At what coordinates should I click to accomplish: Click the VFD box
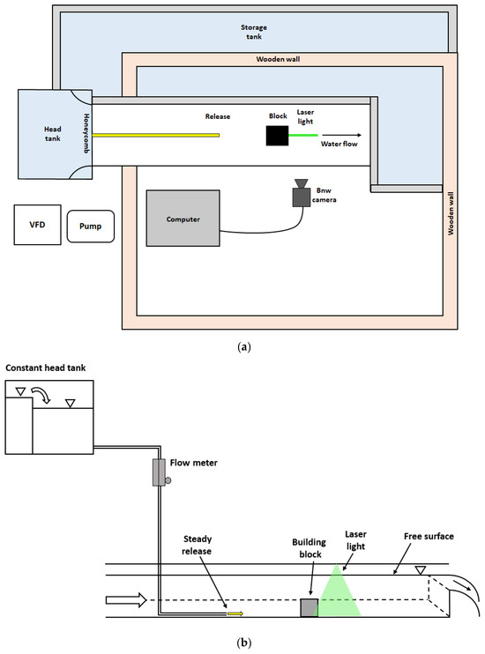pyautogui.click(x=38, y=225)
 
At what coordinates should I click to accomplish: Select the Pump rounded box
pyautogui.click(x=91, y=227)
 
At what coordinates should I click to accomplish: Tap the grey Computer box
pyautogui.click(x=183, y=218)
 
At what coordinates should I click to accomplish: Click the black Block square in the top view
pyautogui.click(x=277, y=136)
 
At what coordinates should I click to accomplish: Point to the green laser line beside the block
pyautogui.click(x=303, y=135)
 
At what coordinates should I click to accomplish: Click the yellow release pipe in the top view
pyautogui.click(x=156, y=135)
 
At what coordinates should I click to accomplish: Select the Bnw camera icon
pyautogui.click(x=301, y=193)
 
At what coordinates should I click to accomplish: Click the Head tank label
pyautogui.click(x=53, y=134)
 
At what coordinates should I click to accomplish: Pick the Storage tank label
pyautogui.click(x=254, y=32)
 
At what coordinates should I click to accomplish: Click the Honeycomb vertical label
pyautogui.click(x=86, y=133)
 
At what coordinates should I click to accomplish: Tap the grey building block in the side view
pyautogui.click(x=310, y=607)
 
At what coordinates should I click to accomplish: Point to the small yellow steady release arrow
pyautogui.click(x=235, y=613)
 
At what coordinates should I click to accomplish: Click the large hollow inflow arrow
pyautogui.click(x=126, y=600)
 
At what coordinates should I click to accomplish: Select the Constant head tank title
pyautogui.click(x=46, y=368)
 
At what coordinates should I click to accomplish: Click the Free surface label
pyautogui.click(x=429, y=537)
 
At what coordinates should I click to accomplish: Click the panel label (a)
pyautogui.click(x=243, y=347)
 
